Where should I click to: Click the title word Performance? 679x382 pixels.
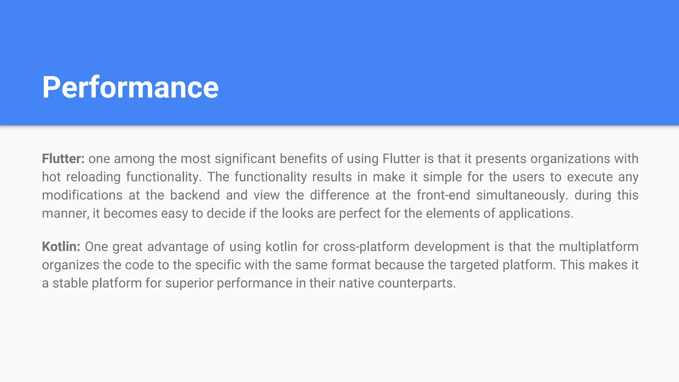pyautogui.click(x=130, y=87)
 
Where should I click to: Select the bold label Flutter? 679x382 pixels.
pyautogui.click(x=63, y=159)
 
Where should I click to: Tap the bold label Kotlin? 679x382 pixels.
pyautogui.click(x=61, y=247)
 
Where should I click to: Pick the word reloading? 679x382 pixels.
pyautogui.click(x=93, y=177)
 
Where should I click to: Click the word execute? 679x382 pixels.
pyautogui.click(x=590, y=177)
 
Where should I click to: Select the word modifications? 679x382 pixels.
pyautogui.click(x=82, y=195)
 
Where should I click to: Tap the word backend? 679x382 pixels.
pyautogui.click(x=195, y=195)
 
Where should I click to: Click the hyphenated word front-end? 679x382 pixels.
pyautogui.click(x=443, y=195)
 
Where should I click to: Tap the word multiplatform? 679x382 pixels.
pyautogui.click(x=598, y=247)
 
